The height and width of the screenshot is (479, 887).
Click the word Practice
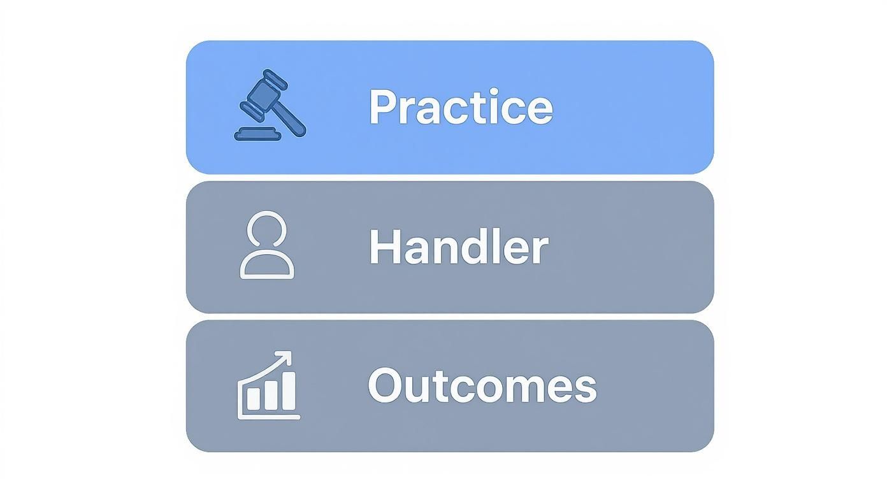pos(460,106)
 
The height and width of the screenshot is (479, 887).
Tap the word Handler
pos(458,247)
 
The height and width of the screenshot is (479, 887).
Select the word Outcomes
pos(482,385)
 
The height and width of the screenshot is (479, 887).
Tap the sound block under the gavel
pos(257,134)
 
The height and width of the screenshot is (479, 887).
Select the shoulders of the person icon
pos(267,266)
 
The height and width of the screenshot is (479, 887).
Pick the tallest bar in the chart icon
pos(287,390)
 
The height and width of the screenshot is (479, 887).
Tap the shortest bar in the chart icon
pos(253,399)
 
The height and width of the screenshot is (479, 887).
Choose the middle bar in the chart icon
pos(270,395)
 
